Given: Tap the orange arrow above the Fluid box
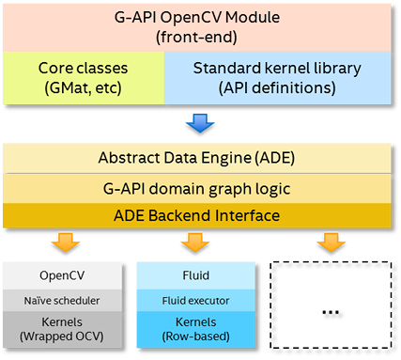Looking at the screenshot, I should pyautogui.click(x=194, y=242).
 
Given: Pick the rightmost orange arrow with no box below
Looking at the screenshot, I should pyautogui.click(x=329, y=242).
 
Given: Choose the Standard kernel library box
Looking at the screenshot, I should pyautogui.click(x=283, y=78).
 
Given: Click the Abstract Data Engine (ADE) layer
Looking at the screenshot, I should pyautogui.click(x=200, y=158).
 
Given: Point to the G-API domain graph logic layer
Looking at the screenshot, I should pyautogui.click(x=200, y=187).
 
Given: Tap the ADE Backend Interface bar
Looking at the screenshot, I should pyautogui.click(x=200, y=215).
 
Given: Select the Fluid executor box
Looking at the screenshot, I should pyautogui.click(x=194, y=299).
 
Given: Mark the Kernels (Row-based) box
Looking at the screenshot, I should pyautogui.click(x=194, y=330).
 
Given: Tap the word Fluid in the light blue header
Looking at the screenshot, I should pyautogui.click(x=194, y=276).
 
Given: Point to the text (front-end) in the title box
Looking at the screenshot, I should pyautogui.click(x=200, y=37).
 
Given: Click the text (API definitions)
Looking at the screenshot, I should pyautogui.click(x=283, y=88).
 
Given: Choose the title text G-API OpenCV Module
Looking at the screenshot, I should pyautogui.click(x=200, y=17).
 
